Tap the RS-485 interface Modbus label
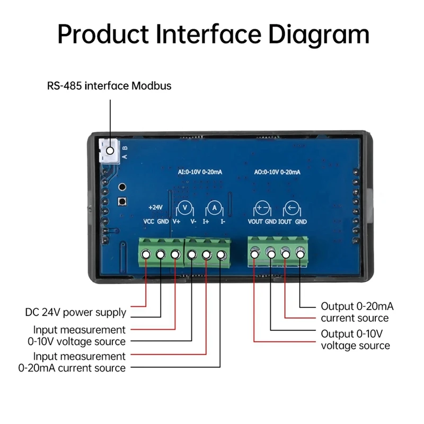[109, 85]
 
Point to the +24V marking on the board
[156, 207]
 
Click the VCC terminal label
[148, 222]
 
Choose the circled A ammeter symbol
[215, 207]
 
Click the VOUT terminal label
[255, 222]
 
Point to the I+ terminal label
[207, 222]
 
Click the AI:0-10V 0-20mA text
[200, 172]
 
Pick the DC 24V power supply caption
[76, 312]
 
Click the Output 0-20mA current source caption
[357, 312]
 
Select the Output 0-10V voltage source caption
[355, 340]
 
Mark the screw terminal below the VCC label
[146, 255]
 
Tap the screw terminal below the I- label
[222, 255]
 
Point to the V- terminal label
[193, 222]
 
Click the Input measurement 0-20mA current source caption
[72, 362]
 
